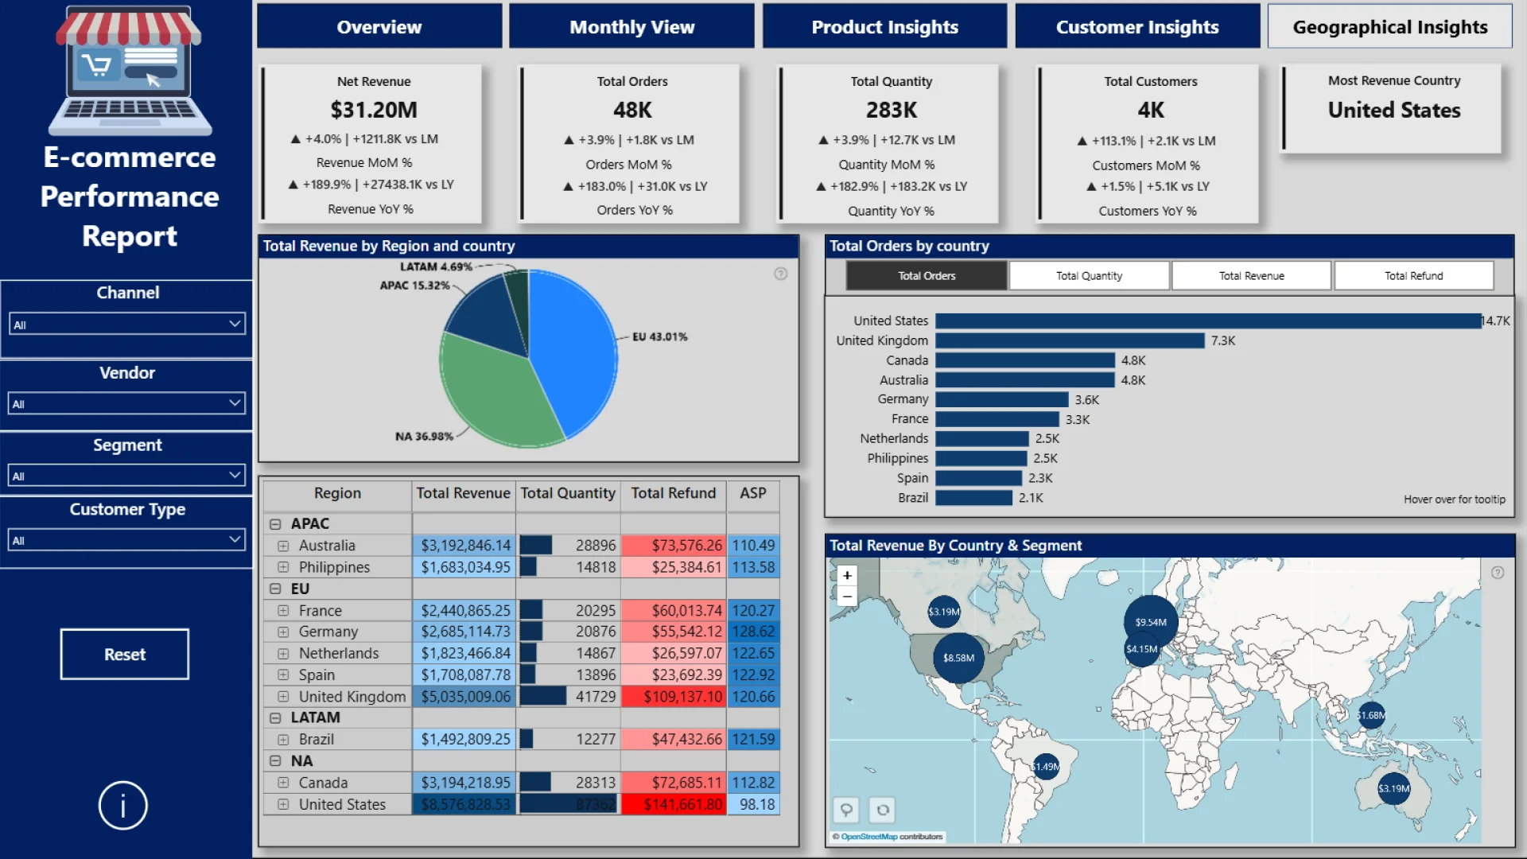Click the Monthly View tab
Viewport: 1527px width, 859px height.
(x=631, y=27)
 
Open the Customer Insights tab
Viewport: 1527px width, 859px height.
(x=1137, y=27)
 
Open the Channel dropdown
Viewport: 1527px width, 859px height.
(x=126, y=324)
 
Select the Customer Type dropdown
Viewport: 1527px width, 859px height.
(x=126, y=540)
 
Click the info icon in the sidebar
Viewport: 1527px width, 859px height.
(x=123, y=806)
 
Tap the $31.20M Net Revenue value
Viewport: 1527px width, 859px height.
(x=374, y=110)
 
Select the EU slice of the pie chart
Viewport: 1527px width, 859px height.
(x=573, y=350)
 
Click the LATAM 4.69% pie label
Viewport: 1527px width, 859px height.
(x=436, y=266)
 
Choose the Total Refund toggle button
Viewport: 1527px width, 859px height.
(x=1413, y=276)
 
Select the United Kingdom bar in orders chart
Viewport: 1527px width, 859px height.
(x=1070, y=340)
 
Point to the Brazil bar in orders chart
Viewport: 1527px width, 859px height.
(x=973, y=498)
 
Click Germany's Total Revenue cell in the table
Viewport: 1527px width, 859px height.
(x=464, y=632)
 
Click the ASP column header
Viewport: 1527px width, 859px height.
(x=752, y=493)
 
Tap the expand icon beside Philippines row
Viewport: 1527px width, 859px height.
(x=283, y=567)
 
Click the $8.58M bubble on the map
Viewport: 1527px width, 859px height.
(x=958, y=658)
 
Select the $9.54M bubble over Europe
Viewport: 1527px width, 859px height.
(x=1150, y=622)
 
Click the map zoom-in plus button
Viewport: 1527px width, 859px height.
(x=847, y=575)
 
